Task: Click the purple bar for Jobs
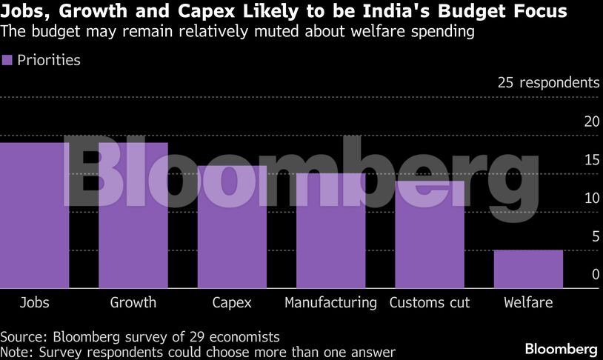click(x=34, y=215)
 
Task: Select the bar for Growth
click(x=133, y=215)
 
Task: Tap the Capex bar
click(x=232, y=227)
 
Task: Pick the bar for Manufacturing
click(x=331, y=230)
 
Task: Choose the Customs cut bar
click(x=430, y=234)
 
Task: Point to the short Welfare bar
click(x=528, y=269)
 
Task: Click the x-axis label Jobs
click(x=34, y=302)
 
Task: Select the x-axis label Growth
click(x=133, y=302)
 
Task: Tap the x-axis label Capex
click(x=232, y=302)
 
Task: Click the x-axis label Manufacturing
click(x=331, y=302)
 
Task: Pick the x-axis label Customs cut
click(x=430, y=302)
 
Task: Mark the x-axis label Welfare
click(x=528, y=302)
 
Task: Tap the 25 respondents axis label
click(x=548, y=82)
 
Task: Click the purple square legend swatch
click(x=7, y=61)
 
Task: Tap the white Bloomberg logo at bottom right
click(x=561, y=348)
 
